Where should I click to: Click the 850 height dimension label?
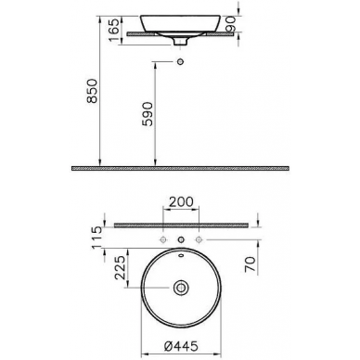pyautogui.click(x=92, y=91)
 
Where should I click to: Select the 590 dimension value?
pyautogui.click(x=148, y=114)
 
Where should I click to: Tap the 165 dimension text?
pyautogui.click(x=113, y=30)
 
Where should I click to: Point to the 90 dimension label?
pyautogui.click(x=231, y=24)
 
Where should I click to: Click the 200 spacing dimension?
pyautogui.click(x=181, y=201)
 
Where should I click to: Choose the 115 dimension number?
pyautogui.click(x=96, y=238)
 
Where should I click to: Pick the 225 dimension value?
pyautogui.click(x=121, y=268)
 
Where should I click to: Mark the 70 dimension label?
pyautogui.click(x=251, y=264)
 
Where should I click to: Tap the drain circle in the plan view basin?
pyautogui.click(x=181, y=288)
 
